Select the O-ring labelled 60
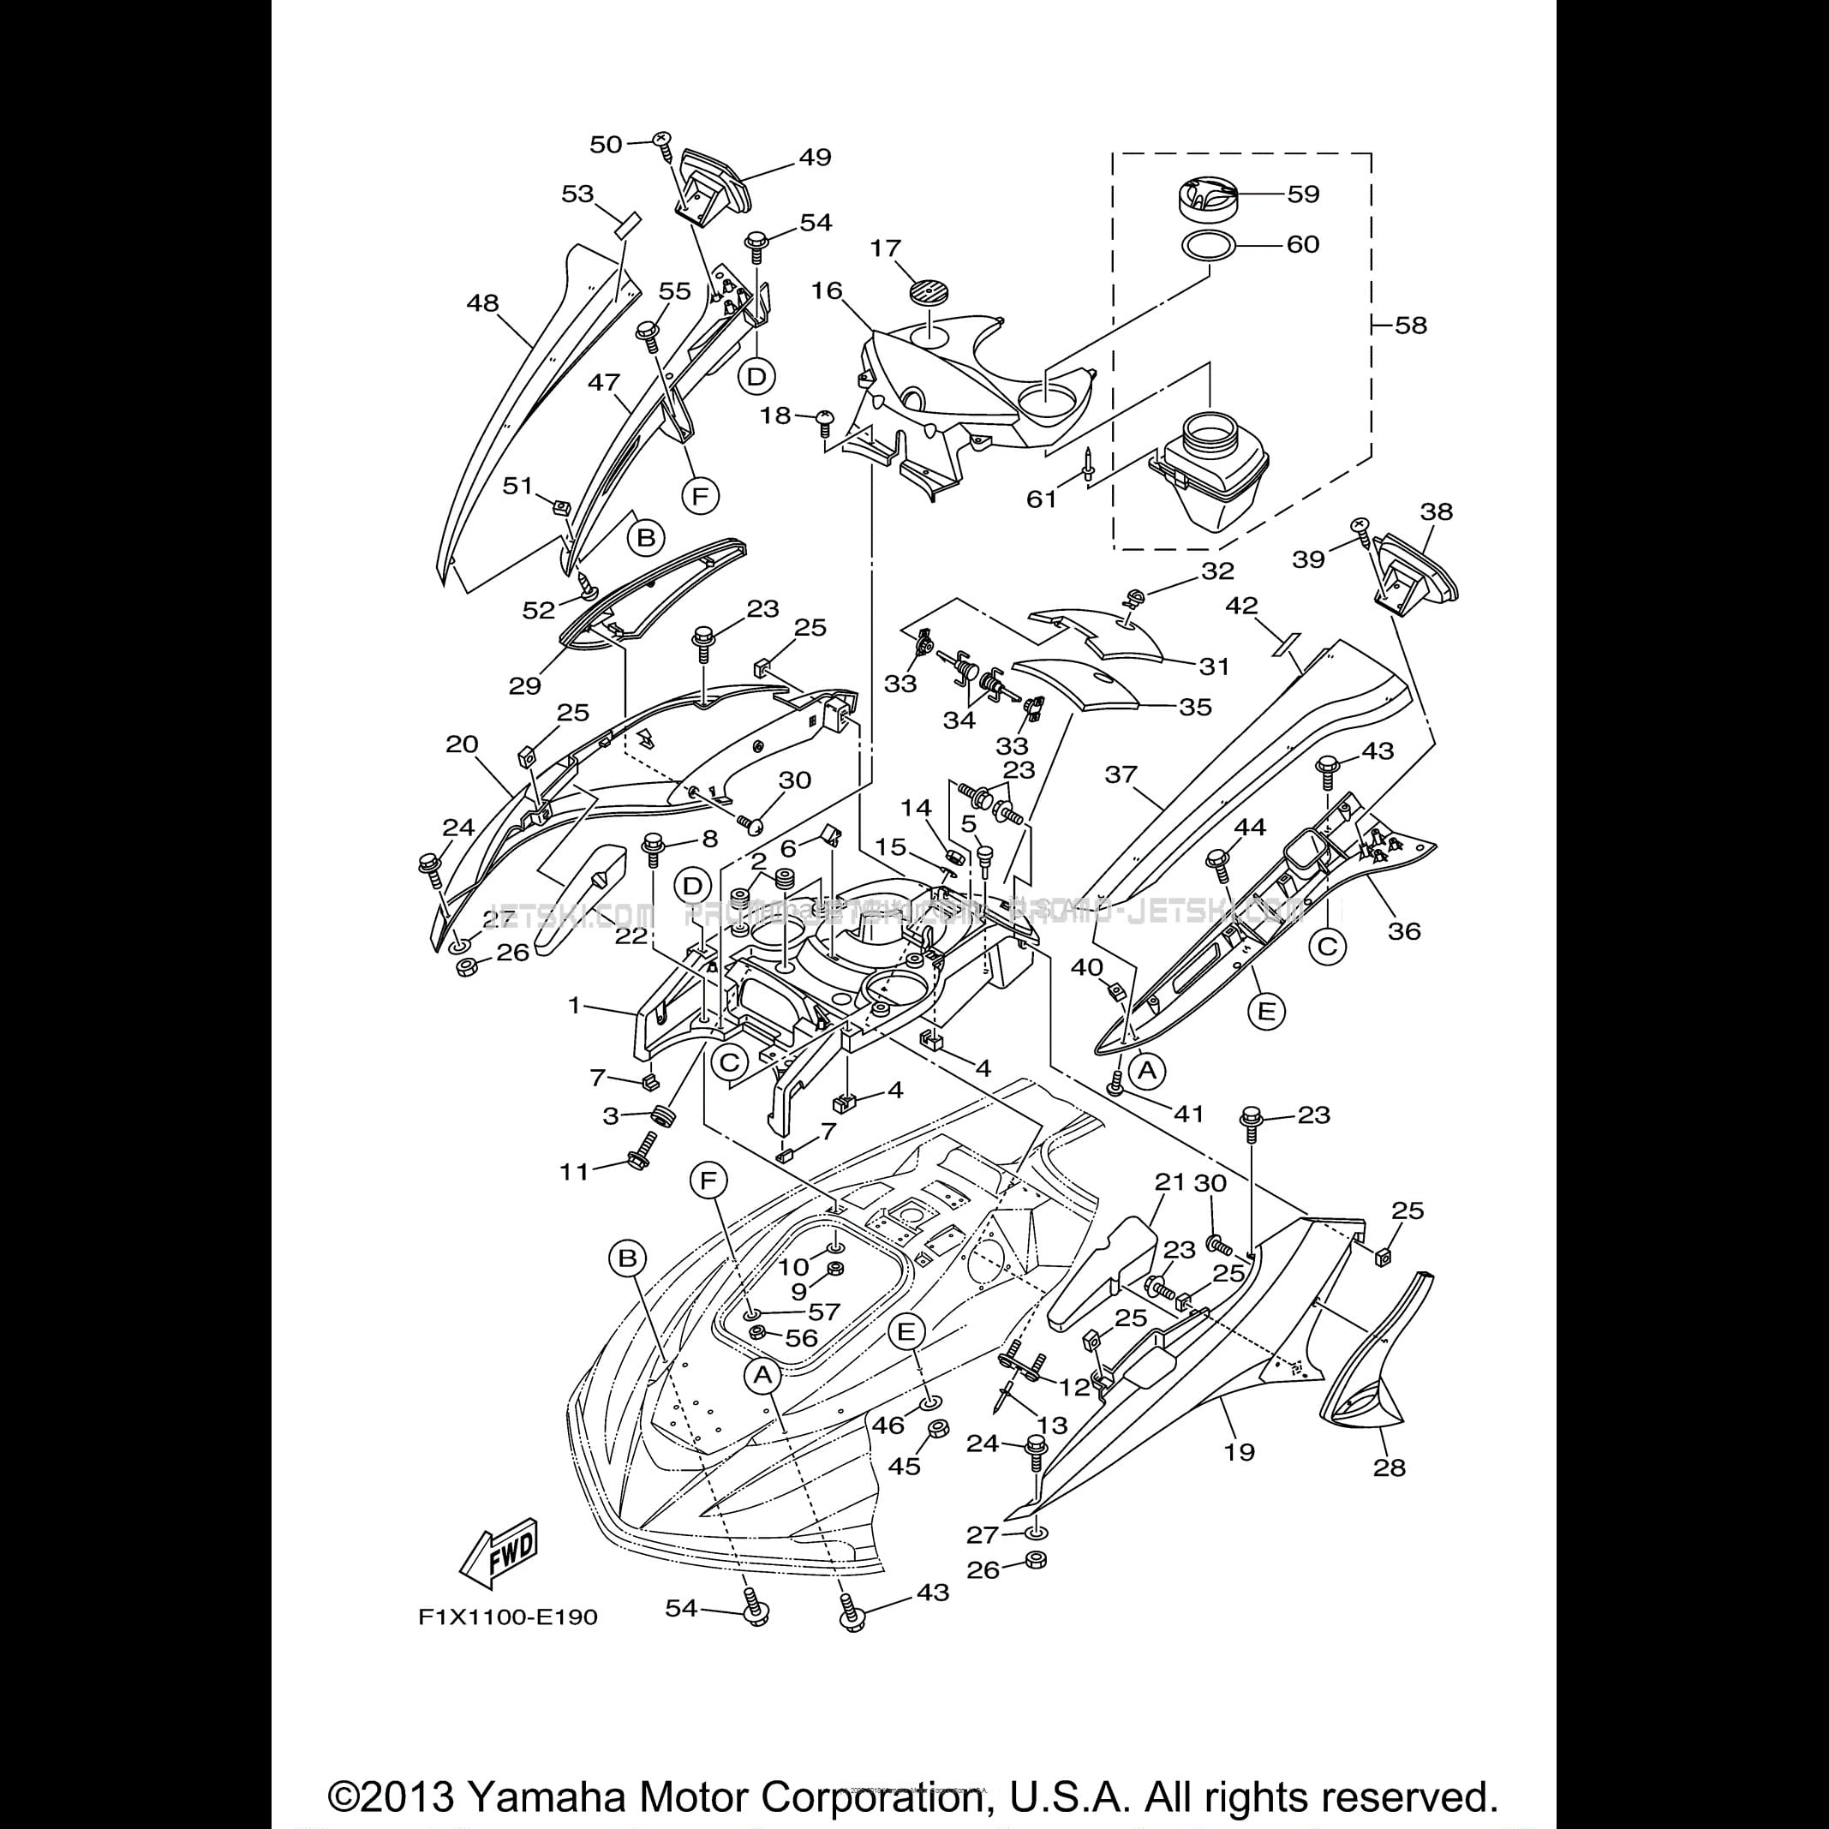click(1209, 245)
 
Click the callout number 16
click(827, 290)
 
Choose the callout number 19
click(1240, 1451)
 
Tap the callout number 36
click(1404, 930)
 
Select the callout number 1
click(574, 1003)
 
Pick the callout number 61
click(1042, 499)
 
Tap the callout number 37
click(1121, 774)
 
